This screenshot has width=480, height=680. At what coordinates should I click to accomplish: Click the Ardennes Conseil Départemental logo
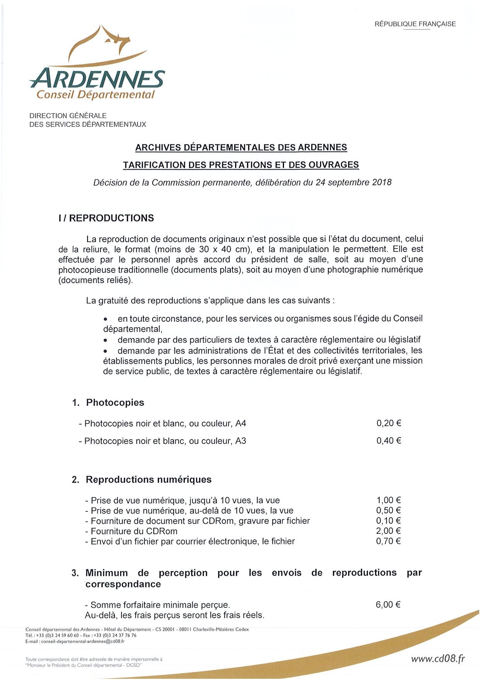(x=97, y=64)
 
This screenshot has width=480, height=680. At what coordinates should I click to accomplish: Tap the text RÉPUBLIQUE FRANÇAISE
(x=415, y=24)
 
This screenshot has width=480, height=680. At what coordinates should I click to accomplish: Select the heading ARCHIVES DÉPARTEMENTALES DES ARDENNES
(x=241, y=147)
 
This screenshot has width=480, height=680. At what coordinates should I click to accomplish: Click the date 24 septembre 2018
(x=353, y=182)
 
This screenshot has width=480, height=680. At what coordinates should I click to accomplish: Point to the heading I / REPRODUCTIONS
(x=106, y=218)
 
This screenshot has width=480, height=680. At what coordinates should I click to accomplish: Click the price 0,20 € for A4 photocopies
(x=389, y=423)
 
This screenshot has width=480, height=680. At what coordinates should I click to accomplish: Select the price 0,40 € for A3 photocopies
(x=389, y=440)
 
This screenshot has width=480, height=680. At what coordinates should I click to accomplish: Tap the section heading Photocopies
(x=115, y=402)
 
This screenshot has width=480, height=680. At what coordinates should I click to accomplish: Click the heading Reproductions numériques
(x=148, y=480)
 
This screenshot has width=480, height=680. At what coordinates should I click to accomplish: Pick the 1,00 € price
(x=389, y=500)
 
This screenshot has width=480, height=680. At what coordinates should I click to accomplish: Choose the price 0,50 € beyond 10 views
(x=389, y=510)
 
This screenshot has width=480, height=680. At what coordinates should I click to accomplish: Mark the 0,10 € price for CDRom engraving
(x=389, y=521)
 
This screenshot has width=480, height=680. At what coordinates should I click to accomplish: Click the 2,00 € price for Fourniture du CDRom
(x=389, y=531)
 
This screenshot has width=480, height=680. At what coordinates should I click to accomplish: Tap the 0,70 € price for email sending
(x=389, y=541)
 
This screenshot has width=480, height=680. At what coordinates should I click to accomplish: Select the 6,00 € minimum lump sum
(x=388, y=604)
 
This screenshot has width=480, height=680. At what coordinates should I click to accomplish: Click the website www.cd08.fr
(x=438, y=659)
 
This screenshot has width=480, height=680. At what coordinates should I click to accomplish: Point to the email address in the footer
(x=83, y=642)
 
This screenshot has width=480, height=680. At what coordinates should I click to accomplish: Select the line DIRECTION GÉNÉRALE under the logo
(x=68, y=116)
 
